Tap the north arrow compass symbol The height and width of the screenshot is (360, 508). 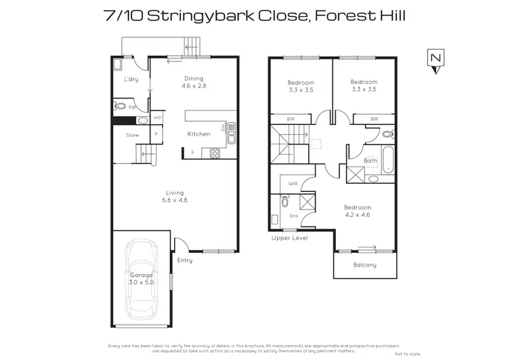pos(436,60)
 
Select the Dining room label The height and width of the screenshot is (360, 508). pos(193,79)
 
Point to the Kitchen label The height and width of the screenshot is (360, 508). pos(198,134)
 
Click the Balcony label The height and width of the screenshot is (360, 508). pos(364,264)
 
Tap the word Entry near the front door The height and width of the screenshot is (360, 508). pos(185,260)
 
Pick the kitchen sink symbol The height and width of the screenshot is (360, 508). pos(232,133)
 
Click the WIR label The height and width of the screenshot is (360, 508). pos(293,184)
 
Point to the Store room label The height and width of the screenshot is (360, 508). pos(132,136)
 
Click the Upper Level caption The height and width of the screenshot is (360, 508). pos(289,239)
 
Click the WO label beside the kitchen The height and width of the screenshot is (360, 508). pos(157,117)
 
